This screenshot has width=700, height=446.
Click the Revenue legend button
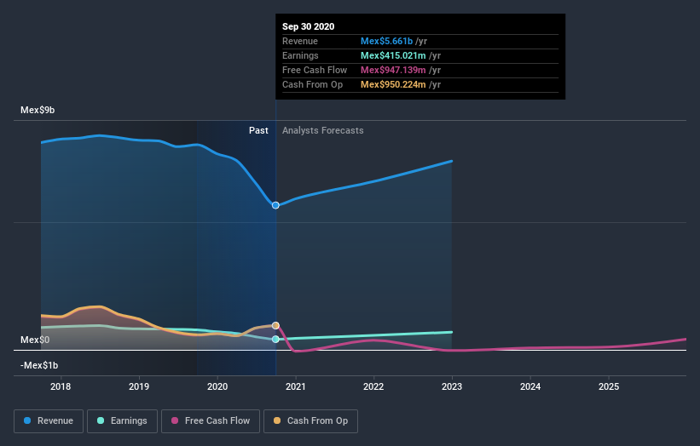(49, 420)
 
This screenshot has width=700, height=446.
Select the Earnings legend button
(123, 420)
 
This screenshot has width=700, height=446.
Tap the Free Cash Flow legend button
(210, 420)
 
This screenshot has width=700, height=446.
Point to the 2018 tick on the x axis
(61, 387)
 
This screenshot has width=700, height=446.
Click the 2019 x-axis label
(139, 387)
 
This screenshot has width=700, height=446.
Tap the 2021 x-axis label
(296, 387)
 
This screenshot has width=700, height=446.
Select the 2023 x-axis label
(452, 387)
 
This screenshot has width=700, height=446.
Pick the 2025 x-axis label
(609, 387)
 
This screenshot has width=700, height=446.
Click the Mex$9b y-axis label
(38, 111)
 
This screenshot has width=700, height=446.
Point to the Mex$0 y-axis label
(35, 340)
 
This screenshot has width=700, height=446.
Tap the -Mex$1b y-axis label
(40, 366)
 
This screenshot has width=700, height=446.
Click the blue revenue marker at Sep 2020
(275, 205)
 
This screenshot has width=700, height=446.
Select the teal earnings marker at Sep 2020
(275, 340)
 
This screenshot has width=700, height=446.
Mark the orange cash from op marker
(275, 325)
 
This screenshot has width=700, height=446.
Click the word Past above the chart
(258, 131)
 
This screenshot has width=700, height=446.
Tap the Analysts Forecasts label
(323, 131)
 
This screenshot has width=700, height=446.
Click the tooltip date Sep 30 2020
(309, 26)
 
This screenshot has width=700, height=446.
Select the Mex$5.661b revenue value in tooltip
(387, 41)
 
